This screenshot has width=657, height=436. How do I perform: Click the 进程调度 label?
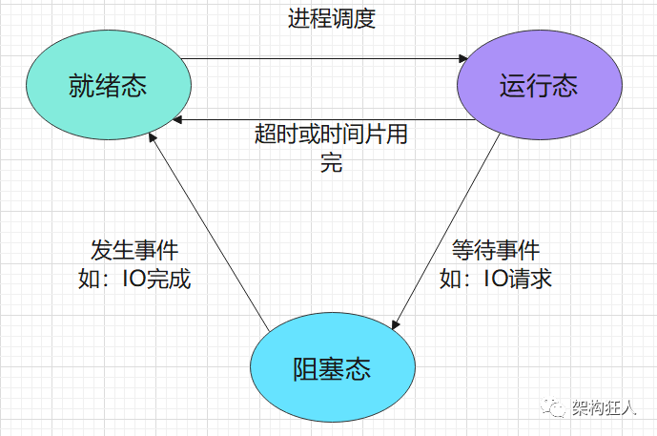pyautogui.click(x=332, y=19)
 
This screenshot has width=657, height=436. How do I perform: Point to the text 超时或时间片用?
pyautogui.click(x=331, y=135)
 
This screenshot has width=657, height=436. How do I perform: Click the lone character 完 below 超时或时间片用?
pyautogui.click(x=331, y=162)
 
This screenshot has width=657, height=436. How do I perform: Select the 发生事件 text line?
pyautogui.click(x=133, y=250)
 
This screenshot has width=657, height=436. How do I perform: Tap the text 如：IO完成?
pyautogui.click(x=133, y=280)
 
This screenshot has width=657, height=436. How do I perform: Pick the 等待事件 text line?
pyautogui.click(x=496, y=250)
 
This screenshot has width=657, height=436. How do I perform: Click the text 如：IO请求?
pyautogui.click(x=496, y=280)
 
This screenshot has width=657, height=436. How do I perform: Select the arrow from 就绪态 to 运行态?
pyautogui.click(x=319, y=59)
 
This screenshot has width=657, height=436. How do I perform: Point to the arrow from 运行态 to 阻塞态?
pyautogui.click(x=448, y=229)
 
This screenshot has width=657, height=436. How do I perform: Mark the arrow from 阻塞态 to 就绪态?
pyautogui.click(x=210, y=229)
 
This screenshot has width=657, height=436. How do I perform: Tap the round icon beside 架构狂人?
pyautogui.click(x=555, y=405)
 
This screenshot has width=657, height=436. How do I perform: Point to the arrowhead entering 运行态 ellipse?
pyautogui.click(x=459, y=59)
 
